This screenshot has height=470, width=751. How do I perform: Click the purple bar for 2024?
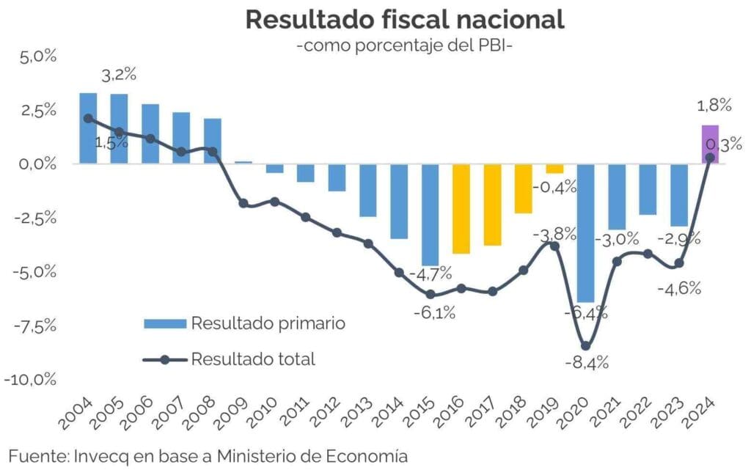point(710,144)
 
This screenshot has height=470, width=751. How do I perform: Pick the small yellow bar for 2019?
point(554,169)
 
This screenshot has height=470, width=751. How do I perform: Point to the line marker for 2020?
point(585,346)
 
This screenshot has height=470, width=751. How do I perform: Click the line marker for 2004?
point(88,118)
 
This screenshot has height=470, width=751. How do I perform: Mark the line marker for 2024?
point(710,157)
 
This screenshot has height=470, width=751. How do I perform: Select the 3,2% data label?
point(118,74)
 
